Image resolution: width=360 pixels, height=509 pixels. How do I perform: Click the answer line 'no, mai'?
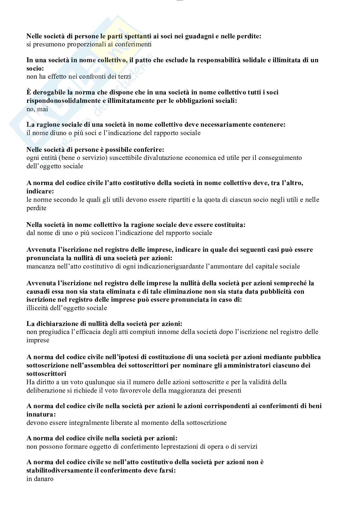point(37,109)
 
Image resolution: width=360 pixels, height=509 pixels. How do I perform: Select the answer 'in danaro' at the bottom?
point(40,479)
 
